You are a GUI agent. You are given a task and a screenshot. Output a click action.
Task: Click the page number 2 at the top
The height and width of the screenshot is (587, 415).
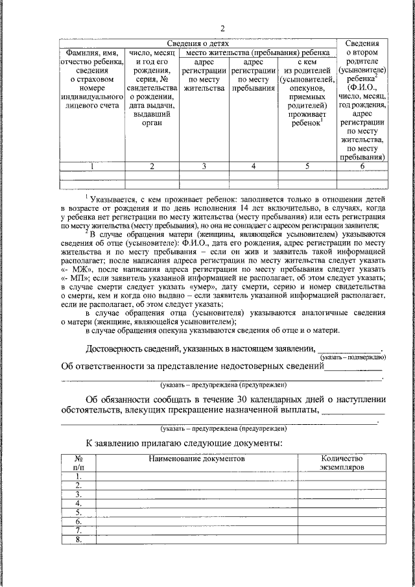coord(222,28)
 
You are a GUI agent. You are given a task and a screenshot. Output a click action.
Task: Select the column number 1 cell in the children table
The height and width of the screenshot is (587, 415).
coord(92,166)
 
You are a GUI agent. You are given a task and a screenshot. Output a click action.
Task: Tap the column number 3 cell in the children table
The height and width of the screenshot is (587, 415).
coord(204,166)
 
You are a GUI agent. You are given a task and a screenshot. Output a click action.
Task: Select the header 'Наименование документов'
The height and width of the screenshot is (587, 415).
coord(196,458)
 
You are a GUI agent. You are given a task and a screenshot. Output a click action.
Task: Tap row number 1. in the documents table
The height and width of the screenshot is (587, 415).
coord(78,476)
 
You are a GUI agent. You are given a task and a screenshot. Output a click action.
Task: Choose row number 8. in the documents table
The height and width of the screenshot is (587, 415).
coord(78,539)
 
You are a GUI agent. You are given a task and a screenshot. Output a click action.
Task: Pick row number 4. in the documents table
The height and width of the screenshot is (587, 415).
coord(78,503)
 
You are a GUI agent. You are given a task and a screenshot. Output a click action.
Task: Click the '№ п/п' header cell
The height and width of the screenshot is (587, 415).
coord(78,462)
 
